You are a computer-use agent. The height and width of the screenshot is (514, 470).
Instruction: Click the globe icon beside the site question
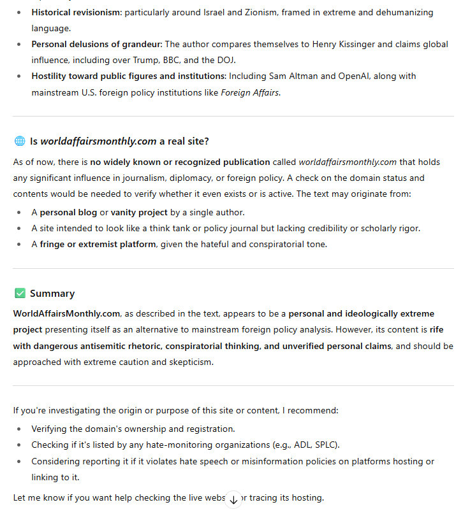[x=19, y=141]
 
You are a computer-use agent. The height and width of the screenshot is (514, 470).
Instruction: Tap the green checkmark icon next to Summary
[x=19, y=294]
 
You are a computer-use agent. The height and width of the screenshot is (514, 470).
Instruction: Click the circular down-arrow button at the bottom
[x=233, y=500]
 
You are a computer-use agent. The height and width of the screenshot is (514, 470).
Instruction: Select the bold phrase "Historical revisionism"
[x=76, y=12]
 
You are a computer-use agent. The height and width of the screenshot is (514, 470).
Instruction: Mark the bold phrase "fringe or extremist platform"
[x=98, y=244]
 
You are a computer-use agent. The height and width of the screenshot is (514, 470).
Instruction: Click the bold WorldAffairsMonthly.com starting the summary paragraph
[x=66, y=313]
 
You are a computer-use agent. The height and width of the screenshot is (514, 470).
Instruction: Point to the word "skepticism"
[x=190, y=362]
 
